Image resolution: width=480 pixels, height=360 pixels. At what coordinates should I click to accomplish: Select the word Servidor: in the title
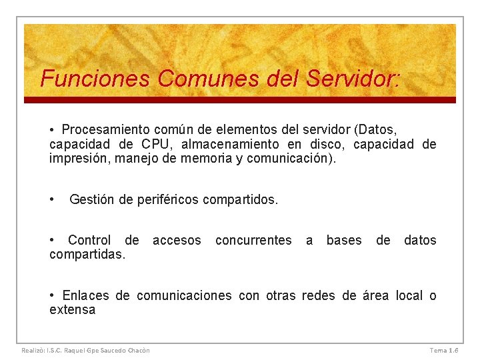[x=353, y=79]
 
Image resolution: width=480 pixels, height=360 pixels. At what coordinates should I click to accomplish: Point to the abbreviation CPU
[x=156, y=144]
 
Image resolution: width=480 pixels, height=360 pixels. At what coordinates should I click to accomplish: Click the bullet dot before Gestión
[x=52, y=199]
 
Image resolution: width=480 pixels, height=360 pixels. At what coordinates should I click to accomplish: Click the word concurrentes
[x=253, y=240]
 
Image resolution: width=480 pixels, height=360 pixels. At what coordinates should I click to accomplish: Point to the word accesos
[x=177, y=240]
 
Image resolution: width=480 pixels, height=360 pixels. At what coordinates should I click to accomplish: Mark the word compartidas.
[x=87, y=255]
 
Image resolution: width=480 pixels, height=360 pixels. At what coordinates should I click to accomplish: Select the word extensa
[x=72, y=310]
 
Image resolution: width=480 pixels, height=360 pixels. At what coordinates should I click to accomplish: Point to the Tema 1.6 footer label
[x=443, y=350]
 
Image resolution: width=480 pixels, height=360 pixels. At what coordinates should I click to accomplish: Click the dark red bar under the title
[x=240, y=100]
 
